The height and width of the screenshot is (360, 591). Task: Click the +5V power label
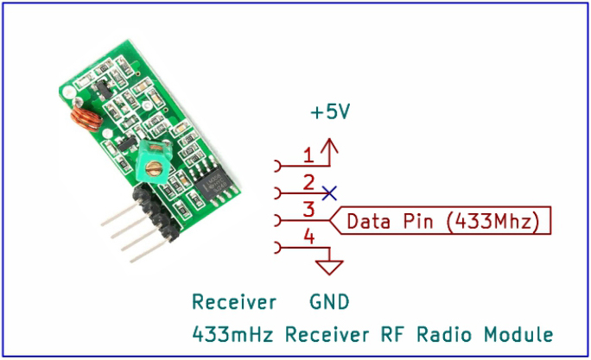tap(331, 113)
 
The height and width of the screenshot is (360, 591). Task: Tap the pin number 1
tap(308, 156)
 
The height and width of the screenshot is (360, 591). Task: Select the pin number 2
tap(308, 182)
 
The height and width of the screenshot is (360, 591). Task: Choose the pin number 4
tap(308, 235)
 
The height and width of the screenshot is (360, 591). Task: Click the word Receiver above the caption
tap(233, 302)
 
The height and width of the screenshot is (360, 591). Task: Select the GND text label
tap(329, 302)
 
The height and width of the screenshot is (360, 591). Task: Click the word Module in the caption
tap(518, 333)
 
